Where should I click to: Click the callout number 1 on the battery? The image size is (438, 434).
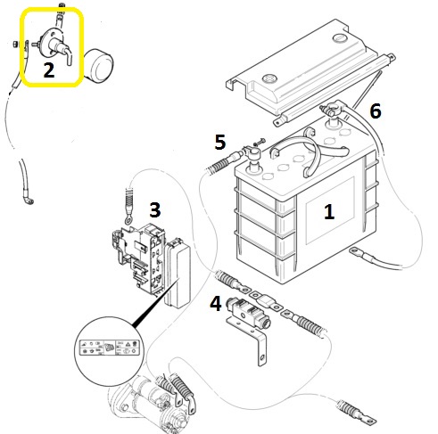point(328,212)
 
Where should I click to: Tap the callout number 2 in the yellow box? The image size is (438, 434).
point(49,70)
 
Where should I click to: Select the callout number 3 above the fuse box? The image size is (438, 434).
point(155,209)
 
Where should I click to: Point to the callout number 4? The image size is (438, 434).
point(216,304)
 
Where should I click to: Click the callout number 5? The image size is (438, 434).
point(220,142)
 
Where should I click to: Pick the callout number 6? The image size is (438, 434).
point(376,111)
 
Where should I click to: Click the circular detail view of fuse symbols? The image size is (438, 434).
point(109,348)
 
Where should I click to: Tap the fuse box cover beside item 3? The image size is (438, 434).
point(178,274)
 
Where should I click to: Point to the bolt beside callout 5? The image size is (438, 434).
point(258,142)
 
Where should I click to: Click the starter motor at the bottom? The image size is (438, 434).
point(149,404)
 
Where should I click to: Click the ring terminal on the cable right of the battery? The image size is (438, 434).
point(355,251)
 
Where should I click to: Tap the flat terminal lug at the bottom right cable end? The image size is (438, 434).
point(368,419)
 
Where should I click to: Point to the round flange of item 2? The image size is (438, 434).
point(47,44)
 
